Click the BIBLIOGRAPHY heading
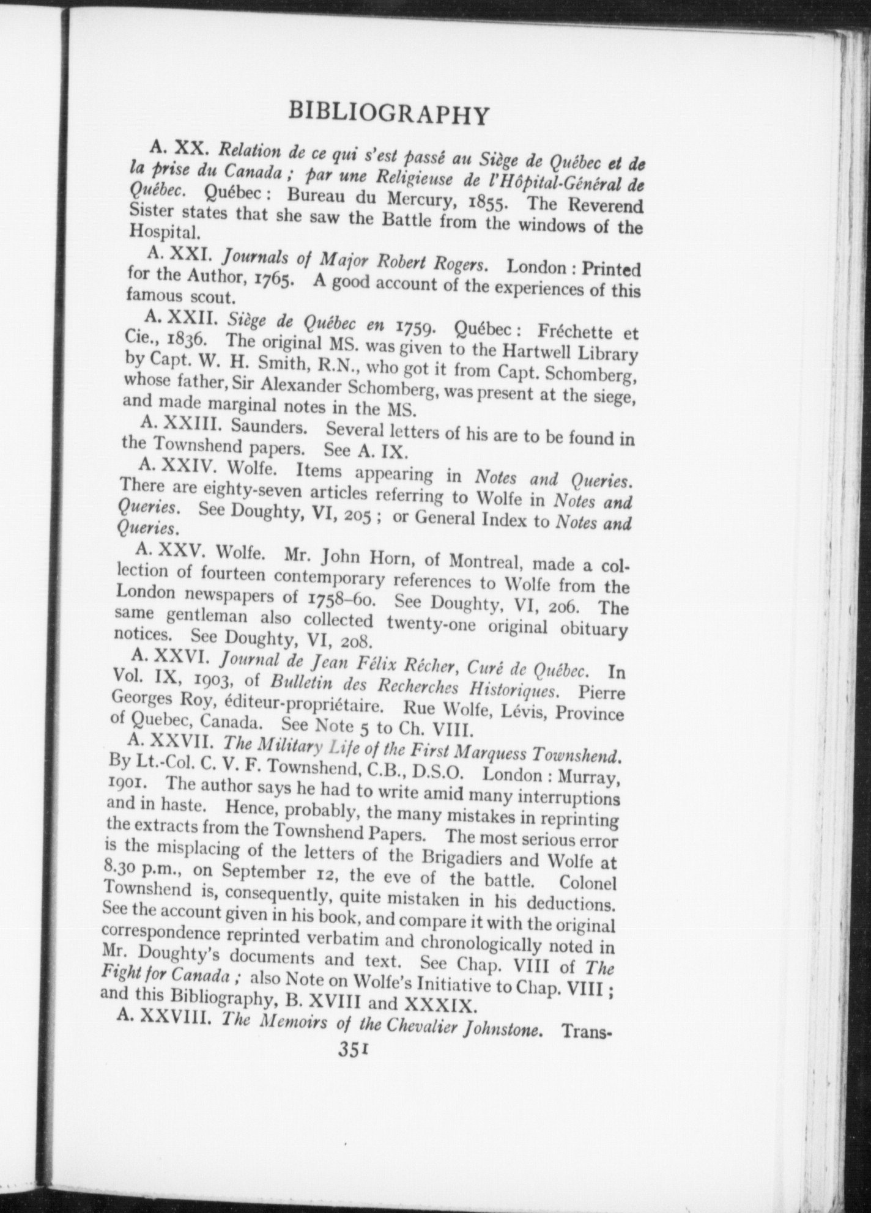click(389, 114)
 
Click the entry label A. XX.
click(182, 147)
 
